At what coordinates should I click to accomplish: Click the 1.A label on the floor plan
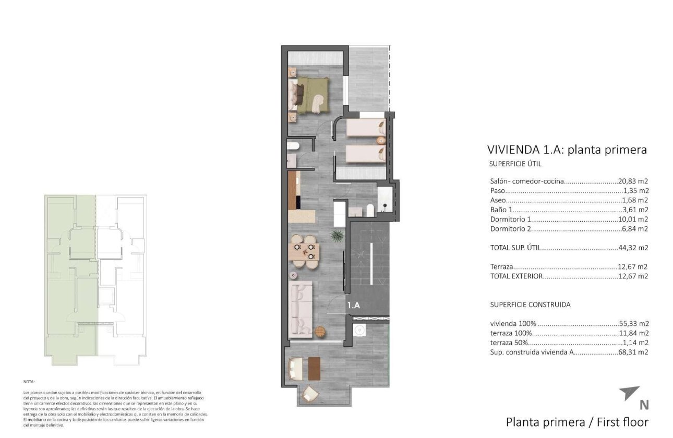[354, 306]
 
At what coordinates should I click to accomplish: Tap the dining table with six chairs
[304, 251]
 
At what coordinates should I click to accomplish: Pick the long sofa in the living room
[301, 308]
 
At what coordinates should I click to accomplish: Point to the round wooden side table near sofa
[319, 330]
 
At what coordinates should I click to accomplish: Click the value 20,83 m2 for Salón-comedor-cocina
[633, 181]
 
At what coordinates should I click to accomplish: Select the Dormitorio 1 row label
[511, 219]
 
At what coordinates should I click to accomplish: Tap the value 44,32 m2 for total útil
[633, 248]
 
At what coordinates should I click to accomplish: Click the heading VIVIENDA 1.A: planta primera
[567, 150]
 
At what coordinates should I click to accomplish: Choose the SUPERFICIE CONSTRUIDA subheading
[530, 305]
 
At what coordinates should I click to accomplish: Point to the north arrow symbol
[629, 393]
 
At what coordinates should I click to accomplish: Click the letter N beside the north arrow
[644, 405]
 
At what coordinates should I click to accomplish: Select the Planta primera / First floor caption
[577, 422]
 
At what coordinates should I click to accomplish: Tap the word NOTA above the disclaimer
[29, 382]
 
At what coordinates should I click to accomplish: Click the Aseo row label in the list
[498, 200]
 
